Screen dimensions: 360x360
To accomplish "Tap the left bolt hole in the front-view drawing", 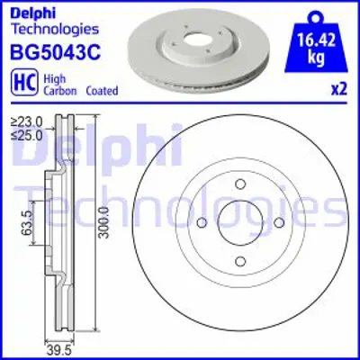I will coord(202,224).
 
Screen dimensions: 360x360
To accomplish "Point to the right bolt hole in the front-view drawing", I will coord(281,224).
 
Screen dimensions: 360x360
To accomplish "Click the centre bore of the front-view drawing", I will coord(241,224).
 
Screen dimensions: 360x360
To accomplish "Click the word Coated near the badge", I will coord(101,91).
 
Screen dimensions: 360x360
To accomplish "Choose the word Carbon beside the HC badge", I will coord(56,91).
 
